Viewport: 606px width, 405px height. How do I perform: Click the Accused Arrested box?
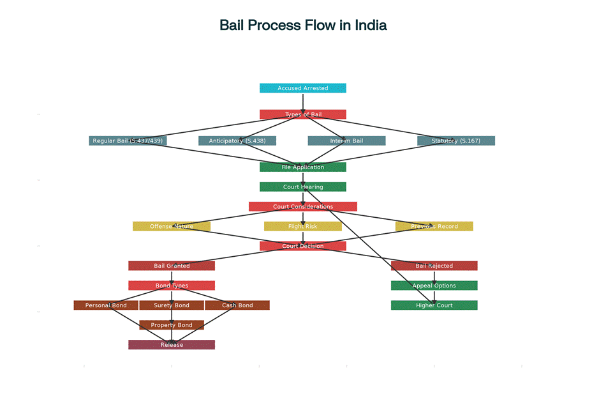[x=302, y=88]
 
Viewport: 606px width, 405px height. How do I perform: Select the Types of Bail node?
[x=302, y=114]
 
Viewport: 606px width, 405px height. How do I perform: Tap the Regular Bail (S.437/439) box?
[x=128, y=141]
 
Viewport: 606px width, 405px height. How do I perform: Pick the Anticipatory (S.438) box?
[x=237, y=141]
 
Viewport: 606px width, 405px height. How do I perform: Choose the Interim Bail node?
[x=346, y=141]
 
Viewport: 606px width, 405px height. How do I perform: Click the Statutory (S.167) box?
[x=456, y=141]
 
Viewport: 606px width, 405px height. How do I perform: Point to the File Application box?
[x=302, y=167]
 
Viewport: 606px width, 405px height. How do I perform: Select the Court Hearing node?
[x=302, y=187]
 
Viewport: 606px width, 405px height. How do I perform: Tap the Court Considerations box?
[x=302, y=206]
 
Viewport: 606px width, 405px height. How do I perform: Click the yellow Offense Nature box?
[x=172, y=226]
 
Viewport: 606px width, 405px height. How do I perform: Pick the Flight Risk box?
[x=302, y=226]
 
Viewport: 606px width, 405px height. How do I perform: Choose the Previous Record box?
[x=434, y=226]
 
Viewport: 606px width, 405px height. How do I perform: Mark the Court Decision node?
[x=302, y=246]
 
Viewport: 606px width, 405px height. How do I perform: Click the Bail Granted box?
[x=172, y=266]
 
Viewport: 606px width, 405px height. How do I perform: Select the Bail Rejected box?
[x=434, y=266]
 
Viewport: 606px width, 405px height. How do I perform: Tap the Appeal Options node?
[x=434, y=286]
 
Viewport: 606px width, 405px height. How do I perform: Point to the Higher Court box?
[x=434, y=305]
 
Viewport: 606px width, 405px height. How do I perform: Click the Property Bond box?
[x=172, y=325]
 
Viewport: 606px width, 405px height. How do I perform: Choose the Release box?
[x=172, y=345]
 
